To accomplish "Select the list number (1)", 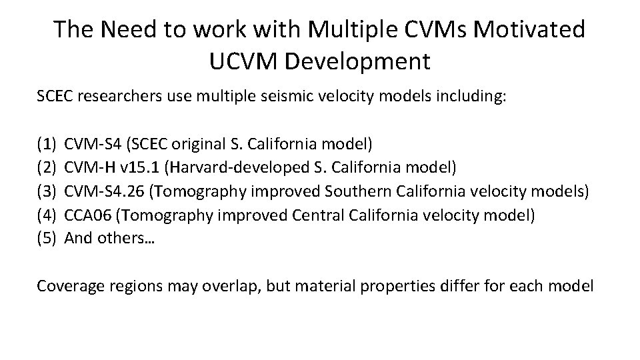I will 47,143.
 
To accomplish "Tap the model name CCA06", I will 88,215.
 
